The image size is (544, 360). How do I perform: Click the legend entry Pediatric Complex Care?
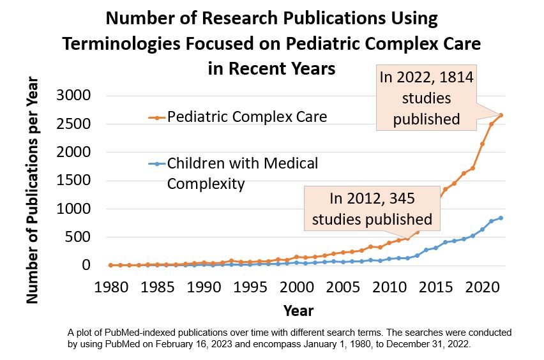(x=246, y=117)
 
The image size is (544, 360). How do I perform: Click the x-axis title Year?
(x=298, y=311)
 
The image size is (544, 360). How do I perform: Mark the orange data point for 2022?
(x=501, y=116)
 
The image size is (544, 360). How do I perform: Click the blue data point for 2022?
(x=501, y=218)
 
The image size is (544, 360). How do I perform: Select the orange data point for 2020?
(x=483, y=144)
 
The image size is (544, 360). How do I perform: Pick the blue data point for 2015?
(x=436, y=248)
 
